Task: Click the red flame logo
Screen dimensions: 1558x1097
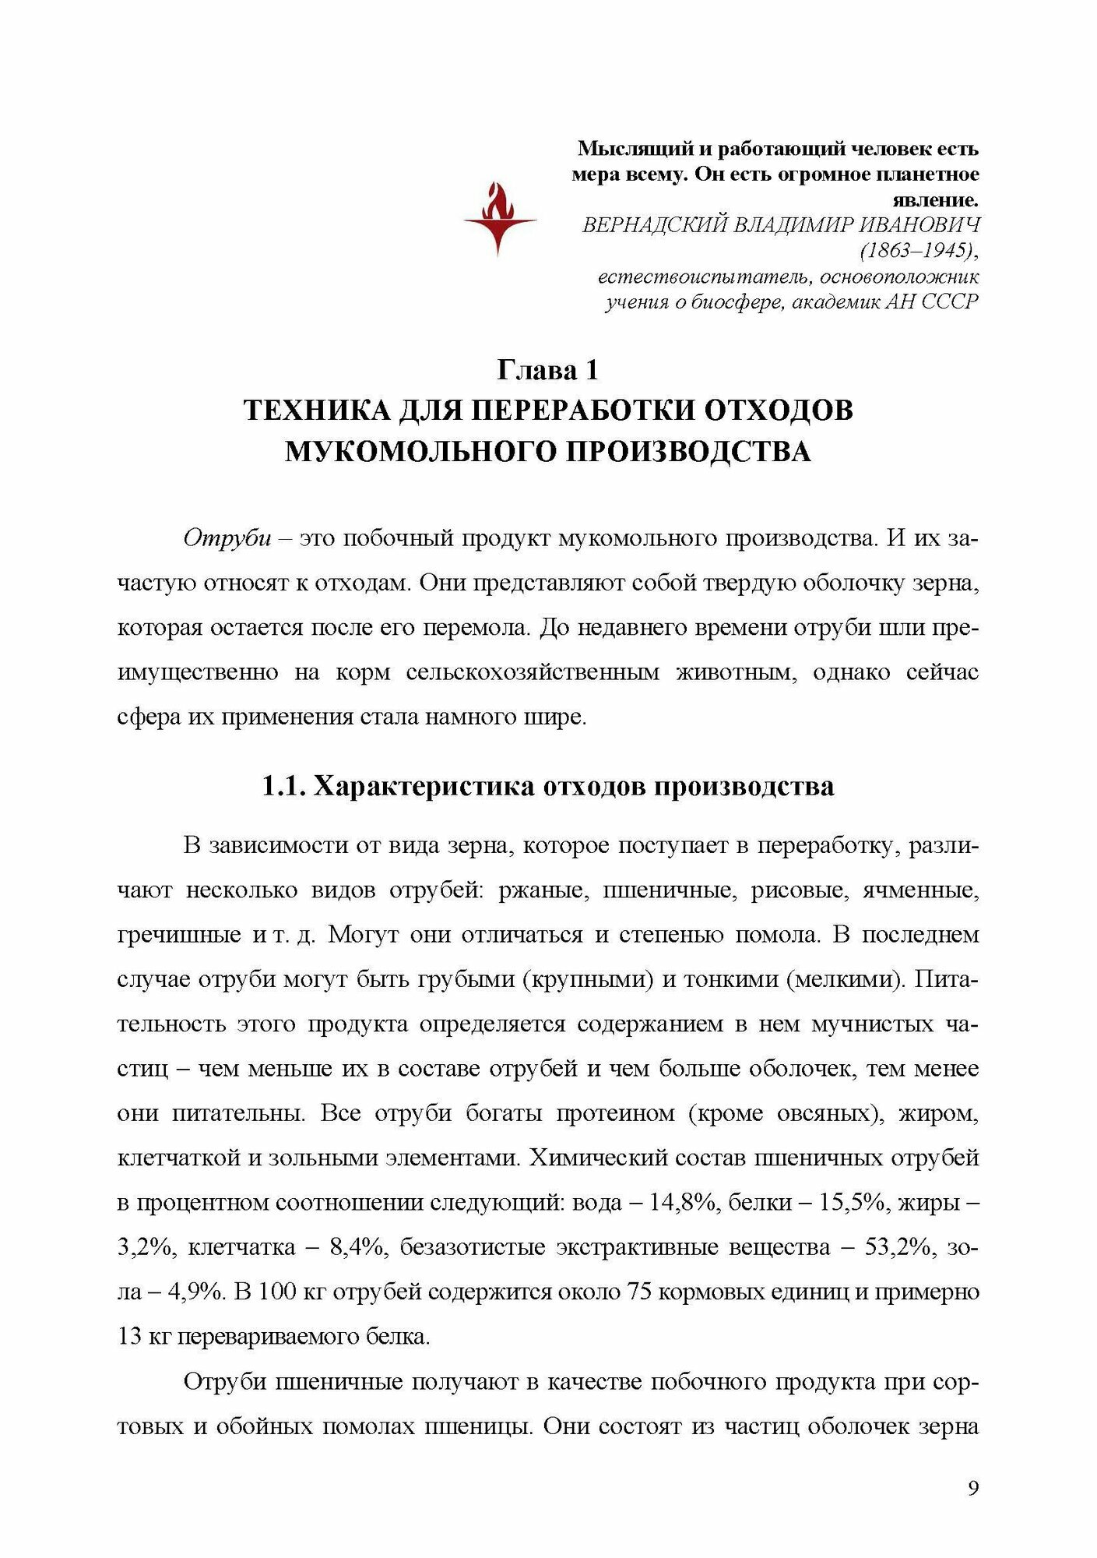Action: click(499, 218)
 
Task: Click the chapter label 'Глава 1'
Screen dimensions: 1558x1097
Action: click(548, 369)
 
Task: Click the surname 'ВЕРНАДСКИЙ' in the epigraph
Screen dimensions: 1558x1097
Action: click(654, 225)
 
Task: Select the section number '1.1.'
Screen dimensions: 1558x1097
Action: click(283, 786)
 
